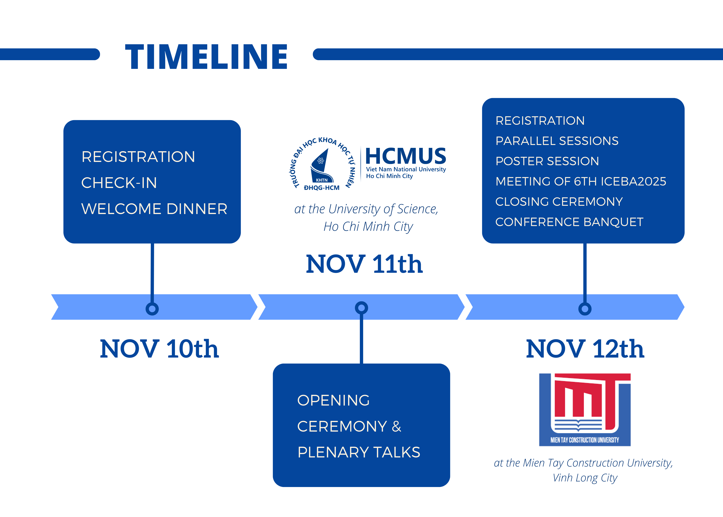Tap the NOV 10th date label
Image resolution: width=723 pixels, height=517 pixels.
pyautogui.click(x=159, y=349)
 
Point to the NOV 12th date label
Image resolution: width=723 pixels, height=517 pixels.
pyautogui.click(x=585, y=349)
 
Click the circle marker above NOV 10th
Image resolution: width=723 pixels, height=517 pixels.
pyautogui.click(x=152, y=309)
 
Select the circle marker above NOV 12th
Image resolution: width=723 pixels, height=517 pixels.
pyautogui.click(x=585, y=309)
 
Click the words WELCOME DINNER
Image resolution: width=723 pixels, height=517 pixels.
pyautogui.click(x=155, y=209)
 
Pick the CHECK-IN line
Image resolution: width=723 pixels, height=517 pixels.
pyautogui.click(x=119, y=183)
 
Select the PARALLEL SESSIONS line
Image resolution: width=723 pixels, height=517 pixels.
pyautogui.click(x=557, y=141)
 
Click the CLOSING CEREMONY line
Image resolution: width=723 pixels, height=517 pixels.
pyautogui.click(x=559, y=201)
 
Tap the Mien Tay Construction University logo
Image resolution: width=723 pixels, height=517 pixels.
pyautogui.click(x=585, y=410)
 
